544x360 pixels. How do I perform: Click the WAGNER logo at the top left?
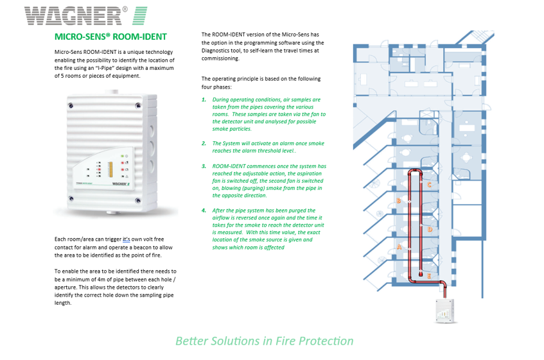(x=86, y=15)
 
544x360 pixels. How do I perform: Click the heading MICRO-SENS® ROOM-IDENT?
(x=110, y=37)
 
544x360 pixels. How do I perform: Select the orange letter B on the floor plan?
(x=398, y=201)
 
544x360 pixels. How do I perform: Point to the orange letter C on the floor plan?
(x=429, y=184)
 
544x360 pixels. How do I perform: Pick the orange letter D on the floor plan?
(x=430, y=229)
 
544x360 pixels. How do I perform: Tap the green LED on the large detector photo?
(x=121, y=156)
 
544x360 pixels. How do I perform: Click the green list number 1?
(x=204, y=100)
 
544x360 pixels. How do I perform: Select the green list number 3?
(x=204, y=166)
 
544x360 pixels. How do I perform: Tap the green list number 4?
(x=204, y=210)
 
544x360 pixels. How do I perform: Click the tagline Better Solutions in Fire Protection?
(x=264, y=341)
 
